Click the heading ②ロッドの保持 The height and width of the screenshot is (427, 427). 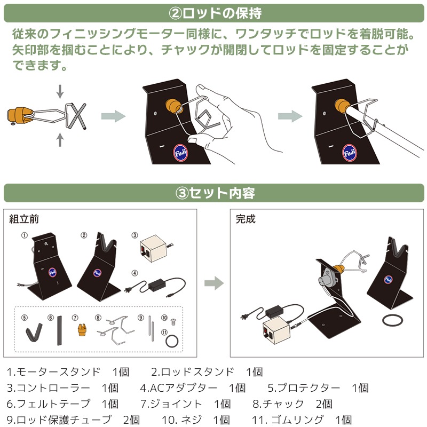(x=213, y=11)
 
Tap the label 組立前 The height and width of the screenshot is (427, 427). (x=24, y=218)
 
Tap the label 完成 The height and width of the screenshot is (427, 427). (x=246, y=219)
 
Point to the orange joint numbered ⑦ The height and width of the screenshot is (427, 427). (x=82, y=331)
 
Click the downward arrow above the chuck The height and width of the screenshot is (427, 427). (x=60, y=92)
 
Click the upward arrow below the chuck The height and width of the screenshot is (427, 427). (x=60, y=140)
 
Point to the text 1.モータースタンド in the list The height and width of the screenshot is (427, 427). (x=53, y=372)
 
